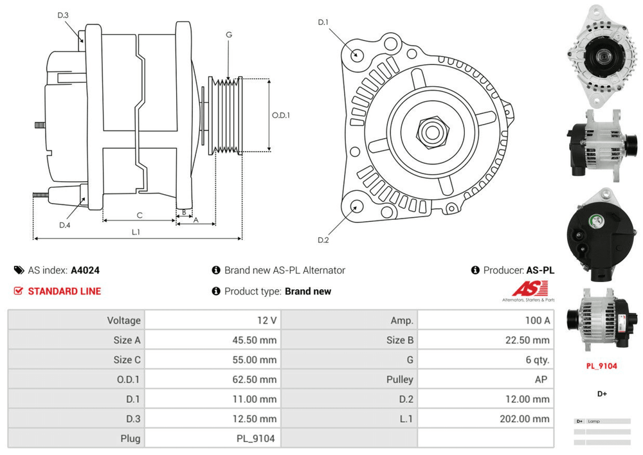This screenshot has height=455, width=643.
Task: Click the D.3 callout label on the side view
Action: tap(62, 15)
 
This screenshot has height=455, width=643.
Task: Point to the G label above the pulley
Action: tap(229, 35)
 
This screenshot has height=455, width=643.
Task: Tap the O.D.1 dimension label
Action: tap(280, 116)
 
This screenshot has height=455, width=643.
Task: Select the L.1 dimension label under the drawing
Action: tap(136, 231)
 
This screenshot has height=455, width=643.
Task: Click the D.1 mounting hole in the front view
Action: tap(355, 53)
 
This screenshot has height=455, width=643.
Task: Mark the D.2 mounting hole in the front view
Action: tap(355, 206)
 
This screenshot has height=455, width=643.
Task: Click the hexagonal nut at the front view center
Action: tap(430, 131)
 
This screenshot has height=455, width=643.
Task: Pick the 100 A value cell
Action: tap(537, 320)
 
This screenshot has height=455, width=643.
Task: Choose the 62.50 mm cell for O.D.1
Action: tap(256, 379)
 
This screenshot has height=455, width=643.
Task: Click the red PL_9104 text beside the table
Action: tap(601, 366)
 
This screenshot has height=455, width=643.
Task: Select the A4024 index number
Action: tap(85, 271)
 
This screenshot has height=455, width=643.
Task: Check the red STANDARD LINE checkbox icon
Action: tap(19, 291)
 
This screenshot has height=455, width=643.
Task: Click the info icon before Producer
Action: tap(475, 271)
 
